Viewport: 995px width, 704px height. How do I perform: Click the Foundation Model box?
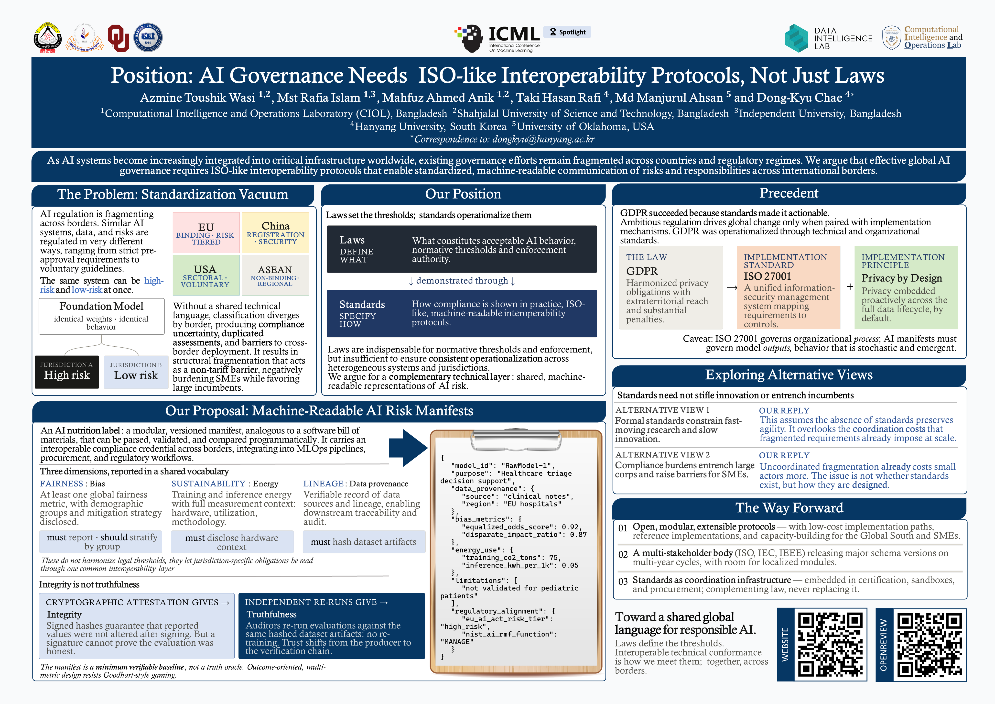coord(101,316)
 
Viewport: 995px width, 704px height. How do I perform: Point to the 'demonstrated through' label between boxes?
coord(462,281)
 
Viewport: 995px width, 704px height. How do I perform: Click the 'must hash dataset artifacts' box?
coord(363,542)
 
